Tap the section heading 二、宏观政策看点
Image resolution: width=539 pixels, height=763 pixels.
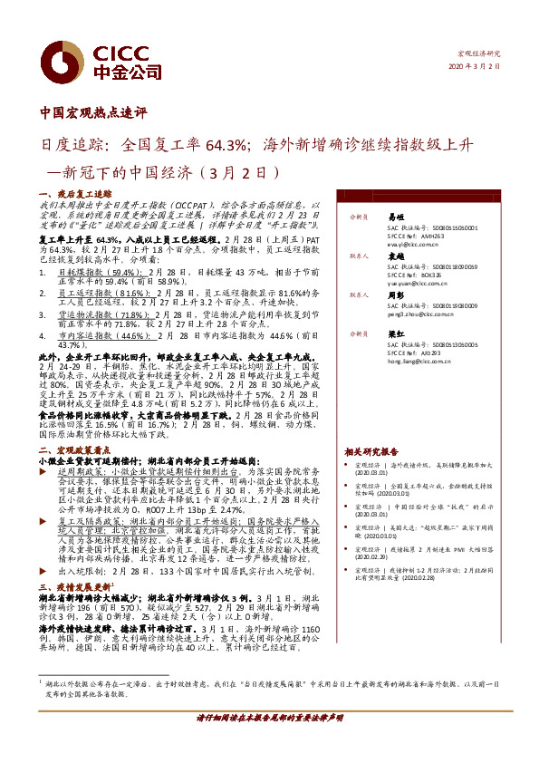pos(75,450)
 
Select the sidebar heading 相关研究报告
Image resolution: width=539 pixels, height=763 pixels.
pos(371,450)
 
